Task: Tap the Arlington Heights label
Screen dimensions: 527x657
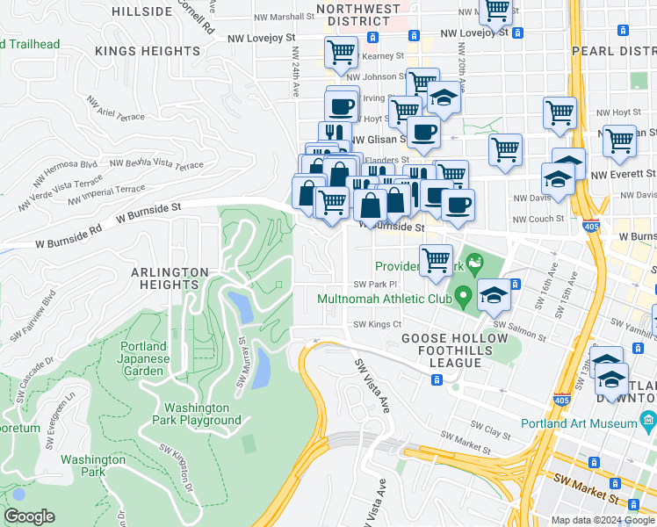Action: (170, 278)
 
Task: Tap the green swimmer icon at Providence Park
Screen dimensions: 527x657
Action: (475, 262)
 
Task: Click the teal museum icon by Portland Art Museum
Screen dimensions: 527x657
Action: (648, 420)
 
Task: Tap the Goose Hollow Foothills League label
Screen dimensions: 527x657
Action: (454, 345)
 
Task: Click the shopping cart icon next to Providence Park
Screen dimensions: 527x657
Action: (436, 261)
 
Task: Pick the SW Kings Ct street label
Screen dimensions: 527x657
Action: (377, 324)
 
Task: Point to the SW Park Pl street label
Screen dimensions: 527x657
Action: (375, 284)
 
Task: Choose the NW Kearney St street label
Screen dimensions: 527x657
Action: (380, 56)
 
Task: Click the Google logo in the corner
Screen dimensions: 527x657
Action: (30, 516)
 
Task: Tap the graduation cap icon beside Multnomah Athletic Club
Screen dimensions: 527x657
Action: (494, 297)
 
